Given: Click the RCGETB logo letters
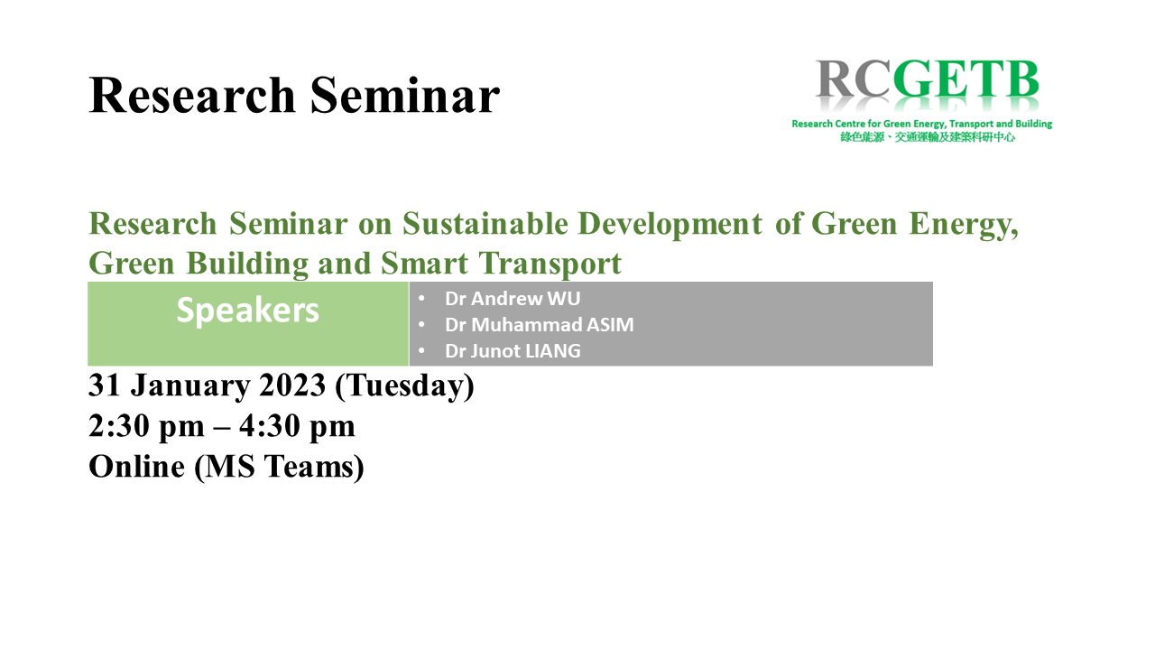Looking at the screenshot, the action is tap(927, 79).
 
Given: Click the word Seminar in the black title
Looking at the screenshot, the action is tap(405, 96).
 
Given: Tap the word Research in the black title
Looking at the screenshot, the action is tap(192, 96).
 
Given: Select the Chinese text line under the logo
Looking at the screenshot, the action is tap(927, 137).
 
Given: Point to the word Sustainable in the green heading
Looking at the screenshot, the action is tap(485, 224).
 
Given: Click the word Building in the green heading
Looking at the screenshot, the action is tap(247, 265).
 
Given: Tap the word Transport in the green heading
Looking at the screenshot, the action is tap(550, 265).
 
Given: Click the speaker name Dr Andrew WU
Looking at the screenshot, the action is tap(513, 299).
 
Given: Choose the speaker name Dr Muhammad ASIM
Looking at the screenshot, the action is tap(540, 325).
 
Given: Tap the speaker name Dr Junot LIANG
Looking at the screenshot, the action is tap(513, 351).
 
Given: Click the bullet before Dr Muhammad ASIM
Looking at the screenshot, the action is tap(421, 325).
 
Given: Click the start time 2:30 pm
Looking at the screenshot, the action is tap(147, 427).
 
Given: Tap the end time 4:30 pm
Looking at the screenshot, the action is tap(297, 427).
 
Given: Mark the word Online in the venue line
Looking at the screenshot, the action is tap(136, 467).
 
